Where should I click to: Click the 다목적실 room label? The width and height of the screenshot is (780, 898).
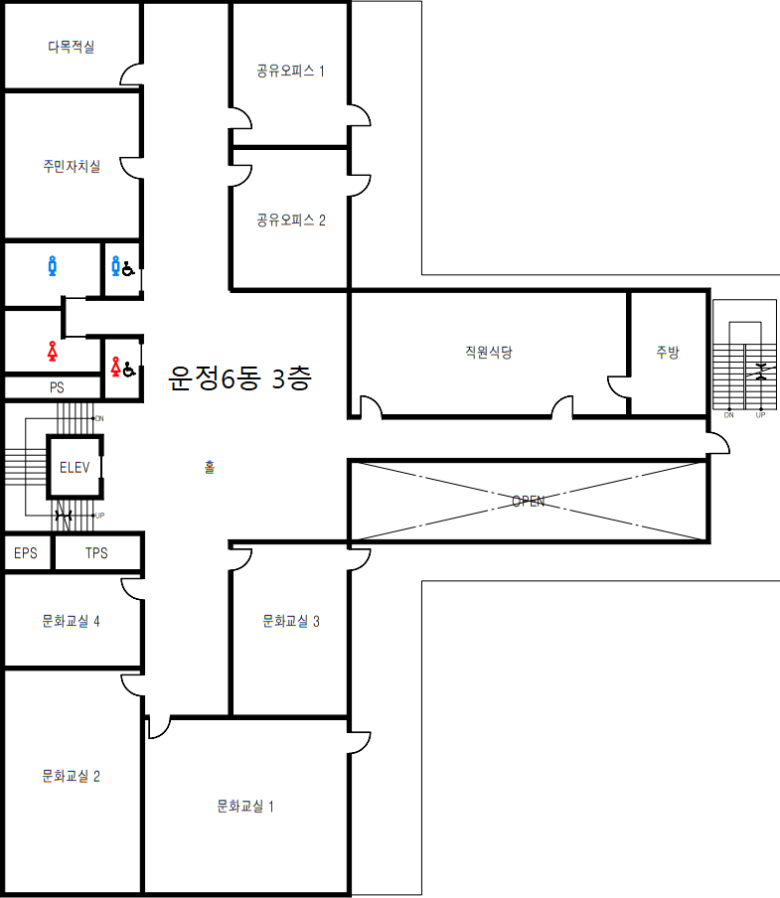71,47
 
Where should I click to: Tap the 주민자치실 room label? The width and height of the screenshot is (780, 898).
71,167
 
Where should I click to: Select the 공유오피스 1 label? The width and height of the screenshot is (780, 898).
291,71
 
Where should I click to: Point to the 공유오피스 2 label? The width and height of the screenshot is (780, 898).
291,220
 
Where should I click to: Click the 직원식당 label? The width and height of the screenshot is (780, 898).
488,352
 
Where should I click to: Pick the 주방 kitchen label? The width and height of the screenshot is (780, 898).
668,352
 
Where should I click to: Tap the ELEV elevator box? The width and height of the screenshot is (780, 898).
75,466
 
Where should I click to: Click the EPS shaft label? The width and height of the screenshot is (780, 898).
26,552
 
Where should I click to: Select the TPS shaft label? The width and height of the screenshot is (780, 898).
96,552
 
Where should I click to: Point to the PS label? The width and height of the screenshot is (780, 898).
57,386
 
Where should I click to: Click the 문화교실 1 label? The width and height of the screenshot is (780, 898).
245,806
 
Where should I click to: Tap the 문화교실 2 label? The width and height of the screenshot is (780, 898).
71,776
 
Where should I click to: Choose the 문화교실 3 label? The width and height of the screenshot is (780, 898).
291,621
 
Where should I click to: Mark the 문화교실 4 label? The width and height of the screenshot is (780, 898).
71,621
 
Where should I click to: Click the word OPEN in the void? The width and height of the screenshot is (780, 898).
528,502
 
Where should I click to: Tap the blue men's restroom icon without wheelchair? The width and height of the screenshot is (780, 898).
53,265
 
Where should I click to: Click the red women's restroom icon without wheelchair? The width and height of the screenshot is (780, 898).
53,351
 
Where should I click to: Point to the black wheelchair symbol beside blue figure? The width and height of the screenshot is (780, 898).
129,267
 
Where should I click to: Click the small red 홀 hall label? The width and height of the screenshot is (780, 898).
209,467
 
